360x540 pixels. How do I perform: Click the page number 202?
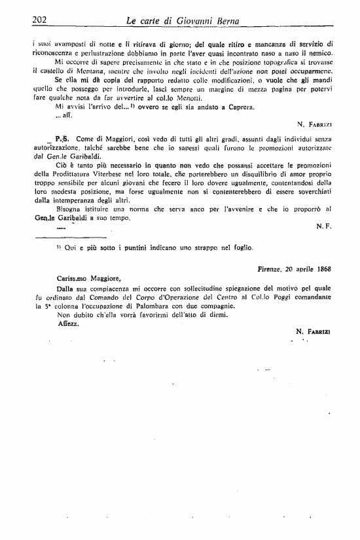42,21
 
